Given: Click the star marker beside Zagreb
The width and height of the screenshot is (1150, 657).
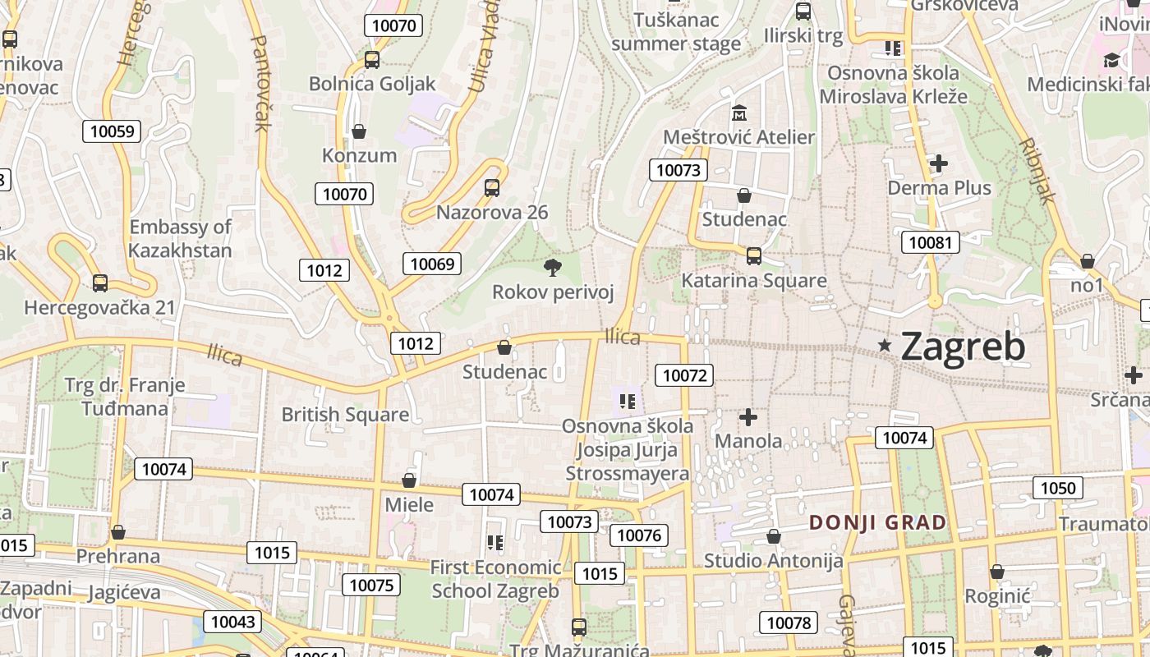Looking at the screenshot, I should [x=885, y=346].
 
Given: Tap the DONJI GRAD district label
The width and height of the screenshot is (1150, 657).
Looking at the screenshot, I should [x=877, y=522].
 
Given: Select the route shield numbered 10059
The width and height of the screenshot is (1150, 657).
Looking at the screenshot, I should [x=112, y=131].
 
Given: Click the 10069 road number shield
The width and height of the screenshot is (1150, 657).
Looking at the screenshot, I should [x=431, y=264].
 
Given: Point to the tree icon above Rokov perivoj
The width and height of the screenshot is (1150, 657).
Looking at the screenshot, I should [x=552, y=267].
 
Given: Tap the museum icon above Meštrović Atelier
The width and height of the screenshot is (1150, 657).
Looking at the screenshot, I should [x=738, y=112].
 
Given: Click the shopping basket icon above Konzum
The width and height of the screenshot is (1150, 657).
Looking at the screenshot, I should [x=359, y=131].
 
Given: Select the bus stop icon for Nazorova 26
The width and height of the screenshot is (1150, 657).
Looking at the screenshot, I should [x=491, y=188].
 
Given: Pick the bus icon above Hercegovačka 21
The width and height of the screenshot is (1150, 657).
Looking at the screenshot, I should [x=100, y=283].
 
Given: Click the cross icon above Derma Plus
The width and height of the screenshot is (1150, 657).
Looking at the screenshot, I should [x=939, y=163].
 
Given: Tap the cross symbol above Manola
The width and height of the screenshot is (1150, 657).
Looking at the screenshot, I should [x=748, y=417].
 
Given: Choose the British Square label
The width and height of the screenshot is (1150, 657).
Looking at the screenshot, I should [x=345, y=415].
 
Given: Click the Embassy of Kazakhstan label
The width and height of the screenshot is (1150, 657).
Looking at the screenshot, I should [x=181, y=238].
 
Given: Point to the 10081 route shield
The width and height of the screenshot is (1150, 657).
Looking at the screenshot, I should [x=931, y=242].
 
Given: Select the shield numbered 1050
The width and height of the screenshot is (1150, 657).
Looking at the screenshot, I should [x=1057, y=488].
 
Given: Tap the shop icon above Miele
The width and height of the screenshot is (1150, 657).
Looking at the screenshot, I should [x=409, y=480].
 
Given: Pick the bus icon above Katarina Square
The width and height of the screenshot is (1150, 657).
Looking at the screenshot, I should [x=753, y=256].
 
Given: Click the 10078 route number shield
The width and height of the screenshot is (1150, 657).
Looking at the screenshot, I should [x=789, y=623].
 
